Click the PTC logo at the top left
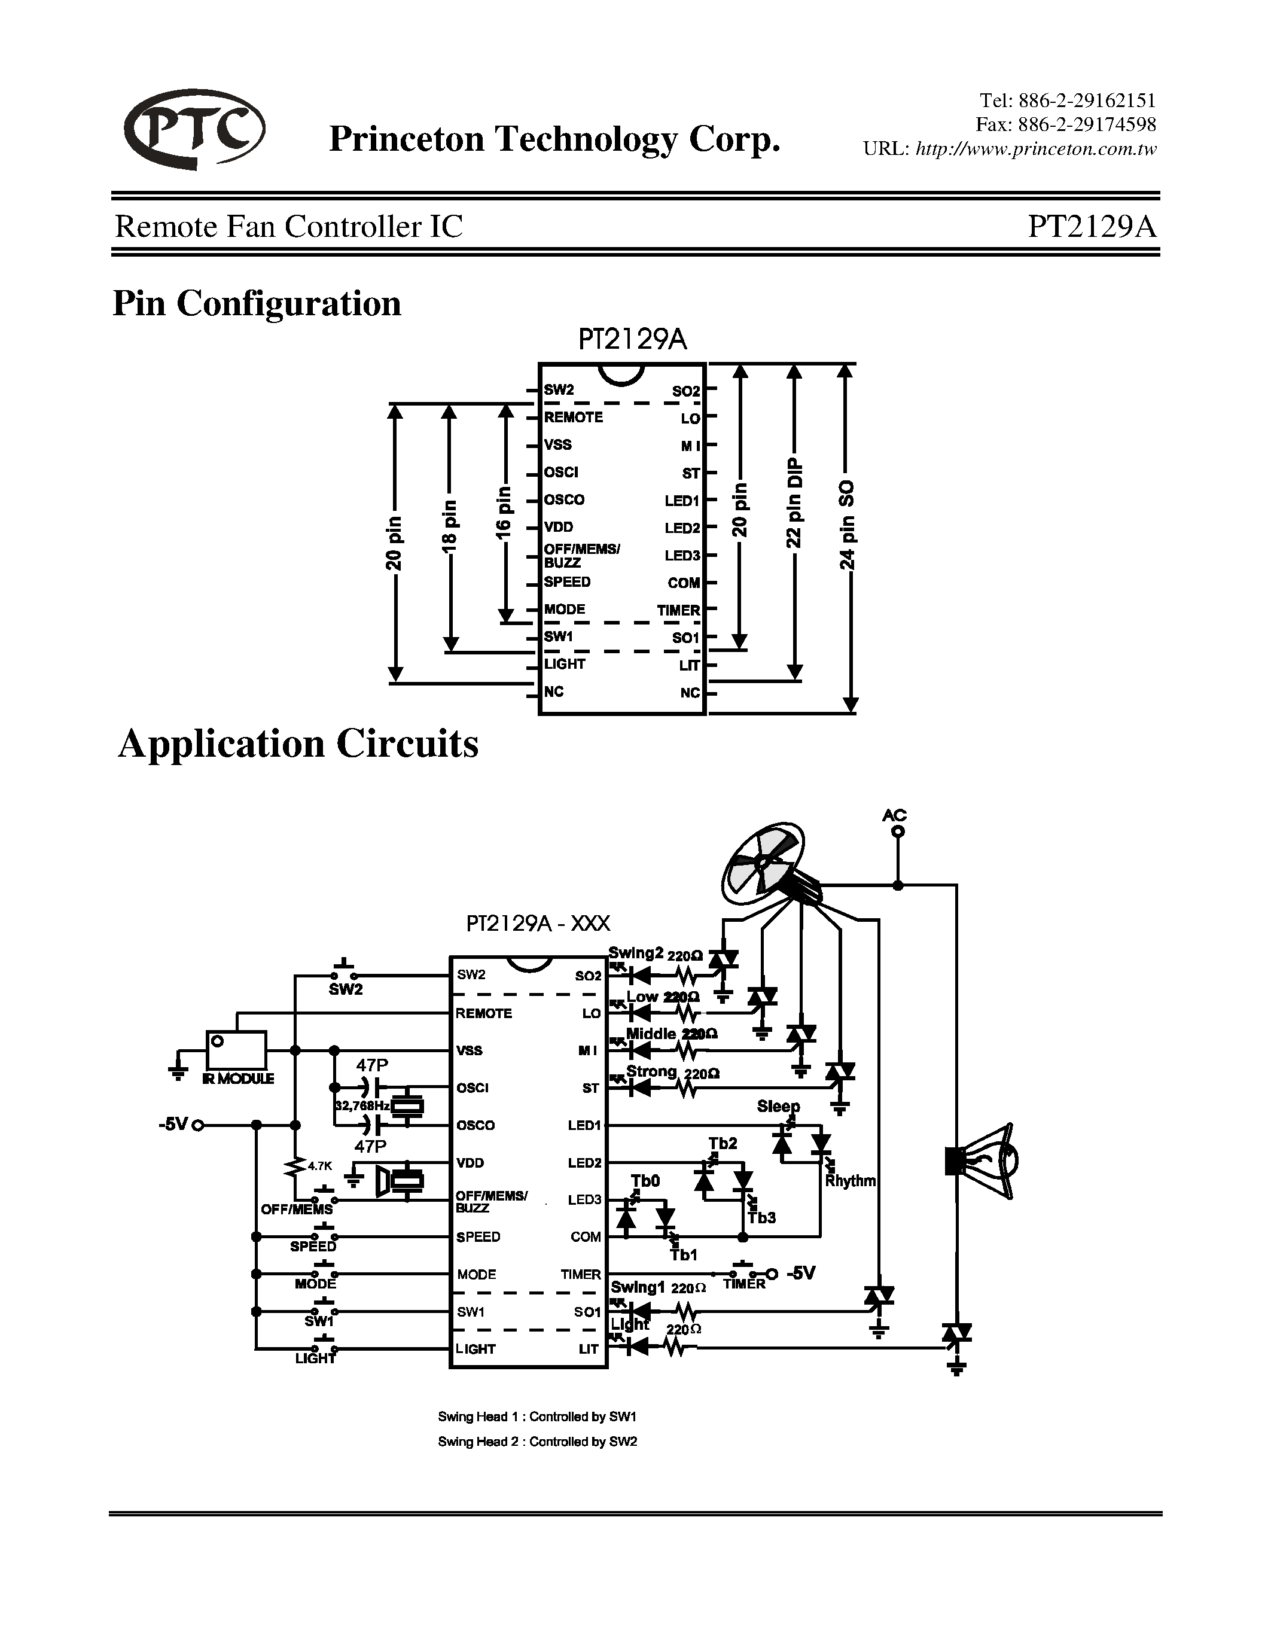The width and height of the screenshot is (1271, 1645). point(194,130)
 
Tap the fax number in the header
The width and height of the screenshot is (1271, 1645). point(1065,124)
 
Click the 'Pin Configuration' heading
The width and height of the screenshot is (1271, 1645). point(257,303)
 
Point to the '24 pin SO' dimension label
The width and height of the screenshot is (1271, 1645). point(848,525)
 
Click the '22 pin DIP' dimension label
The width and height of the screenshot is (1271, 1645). point(794,502)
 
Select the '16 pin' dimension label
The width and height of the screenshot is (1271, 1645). point(504,512)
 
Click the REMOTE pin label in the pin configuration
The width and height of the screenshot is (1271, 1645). point(573,418)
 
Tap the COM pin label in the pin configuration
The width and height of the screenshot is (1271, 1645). point(684,583)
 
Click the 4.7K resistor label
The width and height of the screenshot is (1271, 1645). point(320,1166)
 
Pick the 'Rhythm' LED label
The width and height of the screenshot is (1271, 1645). point(850,1181)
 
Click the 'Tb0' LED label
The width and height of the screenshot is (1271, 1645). point(645,1181)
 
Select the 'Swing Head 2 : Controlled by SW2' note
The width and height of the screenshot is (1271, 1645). point(537,1442)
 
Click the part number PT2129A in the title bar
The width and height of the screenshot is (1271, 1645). point(1091,226)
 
